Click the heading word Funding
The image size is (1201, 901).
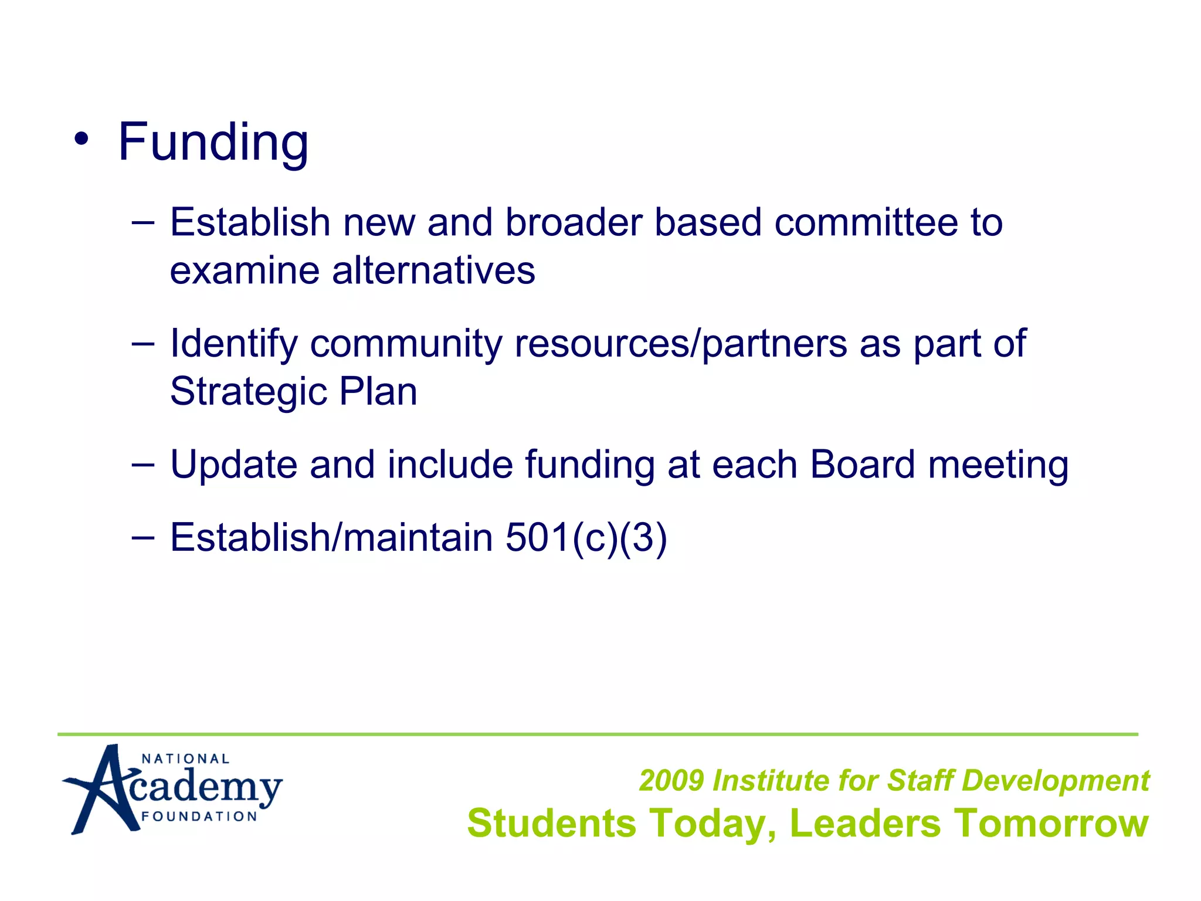click(x=213, y=143)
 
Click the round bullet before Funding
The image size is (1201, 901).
click(x=82, y=140)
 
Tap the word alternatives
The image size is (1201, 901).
click(x=434, y=271)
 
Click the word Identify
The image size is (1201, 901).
click(x=233, y=344)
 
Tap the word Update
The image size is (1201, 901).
click(x=233, y=465)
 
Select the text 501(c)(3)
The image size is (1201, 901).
click(x=586, y=538)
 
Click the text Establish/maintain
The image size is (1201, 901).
click(x=331, y=538)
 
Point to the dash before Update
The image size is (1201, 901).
click(x=143, y=465)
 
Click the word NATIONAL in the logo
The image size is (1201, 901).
click(x=185, y=759)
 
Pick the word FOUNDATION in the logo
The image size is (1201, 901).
click(x=199, y=817)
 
